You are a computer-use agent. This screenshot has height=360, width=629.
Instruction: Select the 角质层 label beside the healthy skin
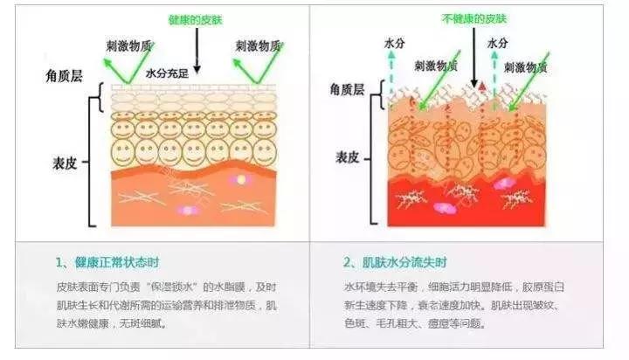(66, 76)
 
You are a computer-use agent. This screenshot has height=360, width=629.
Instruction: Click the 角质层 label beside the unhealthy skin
(346, 89)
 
